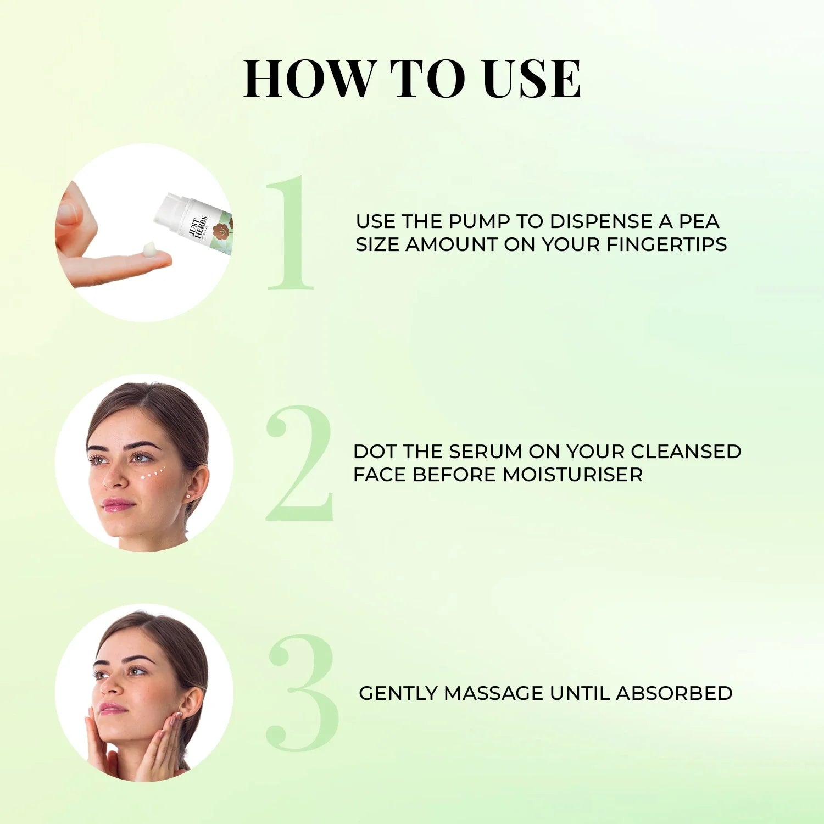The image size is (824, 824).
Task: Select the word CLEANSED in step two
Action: tap(686, 452)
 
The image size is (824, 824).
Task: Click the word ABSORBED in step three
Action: tap(674, 693)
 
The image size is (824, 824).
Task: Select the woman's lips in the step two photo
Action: tap(117, 504)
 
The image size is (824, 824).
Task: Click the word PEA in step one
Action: tap(699, 221)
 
